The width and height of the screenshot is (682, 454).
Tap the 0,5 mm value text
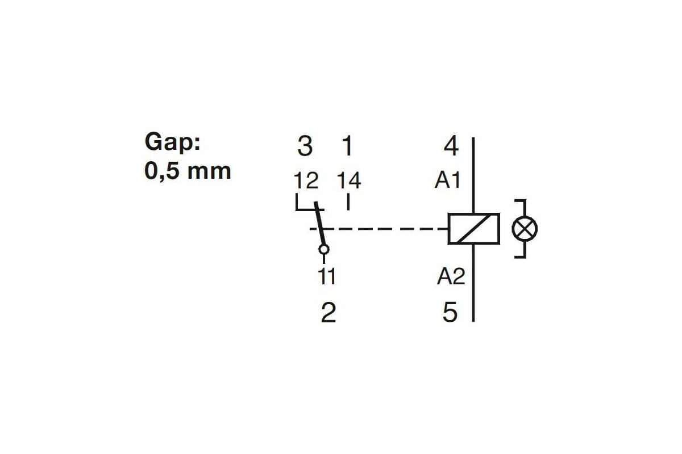(x=188, y=171)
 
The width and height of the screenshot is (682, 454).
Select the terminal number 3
(x=305, y=146)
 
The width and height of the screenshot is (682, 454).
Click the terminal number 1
(x=347, y=146)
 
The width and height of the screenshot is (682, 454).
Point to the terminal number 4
(x=451, y=146)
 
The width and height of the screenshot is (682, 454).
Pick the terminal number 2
(x=328, y=312)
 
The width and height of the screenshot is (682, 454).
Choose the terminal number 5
(x=450, y=312)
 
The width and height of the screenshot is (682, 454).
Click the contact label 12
(x=306, y=180)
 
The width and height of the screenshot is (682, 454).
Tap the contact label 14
(x=349, y=180)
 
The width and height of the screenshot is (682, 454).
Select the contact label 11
(x=327, y=276)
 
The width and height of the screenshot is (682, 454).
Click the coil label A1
(x=448, y=180)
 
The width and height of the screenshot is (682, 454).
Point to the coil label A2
(x=451, y=276)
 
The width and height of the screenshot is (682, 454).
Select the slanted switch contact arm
(x=319, y=224)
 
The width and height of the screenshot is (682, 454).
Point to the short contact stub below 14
(x=348, y=202)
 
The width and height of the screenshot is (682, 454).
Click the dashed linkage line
(x=379, y=229)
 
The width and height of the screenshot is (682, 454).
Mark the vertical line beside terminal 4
(x=473, y=175)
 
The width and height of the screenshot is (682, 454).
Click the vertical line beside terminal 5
(x=473, y=283)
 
